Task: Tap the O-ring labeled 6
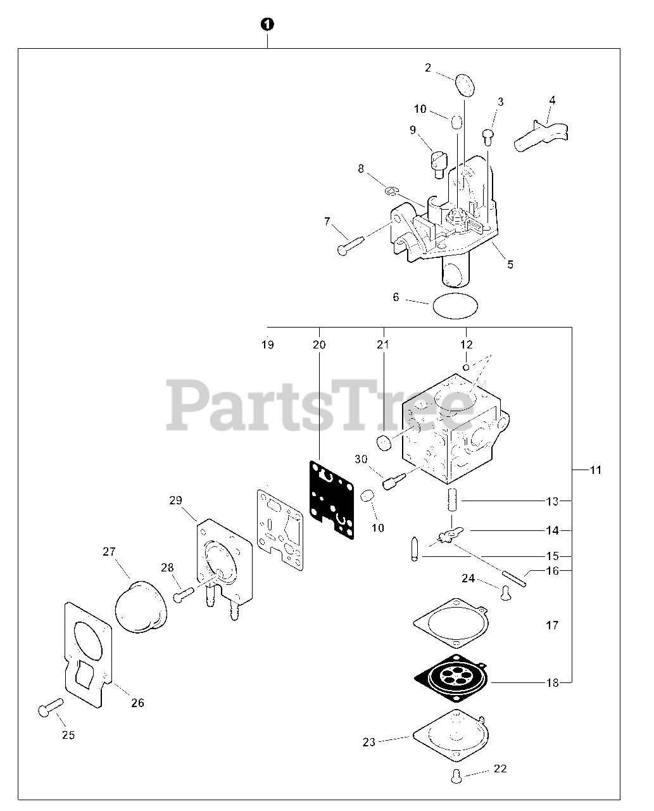point(455,308)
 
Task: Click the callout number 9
point(413,130)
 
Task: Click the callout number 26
point(137,702)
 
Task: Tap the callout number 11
point(595,470)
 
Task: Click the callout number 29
point(176,501)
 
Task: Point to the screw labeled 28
point(184,594)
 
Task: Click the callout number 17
point(552,625)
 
